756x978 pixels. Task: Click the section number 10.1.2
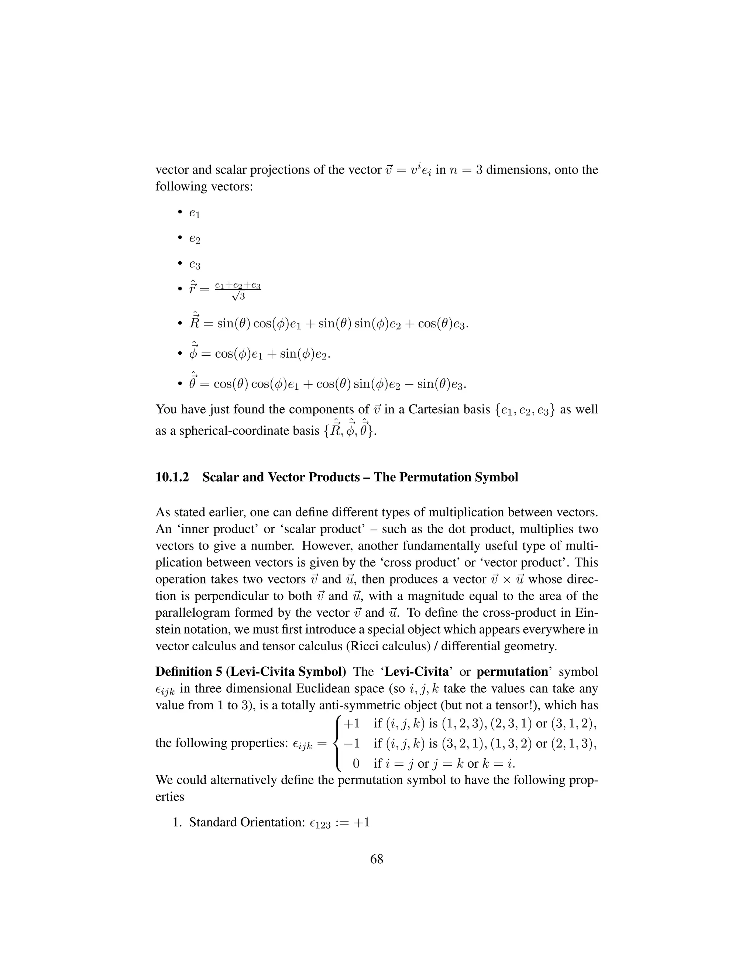(172, 477)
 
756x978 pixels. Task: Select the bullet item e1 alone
(195, 214)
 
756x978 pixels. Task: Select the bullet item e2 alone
(195, 240)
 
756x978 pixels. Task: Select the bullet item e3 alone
(195, 265)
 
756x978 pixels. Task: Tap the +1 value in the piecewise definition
(351, 724)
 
